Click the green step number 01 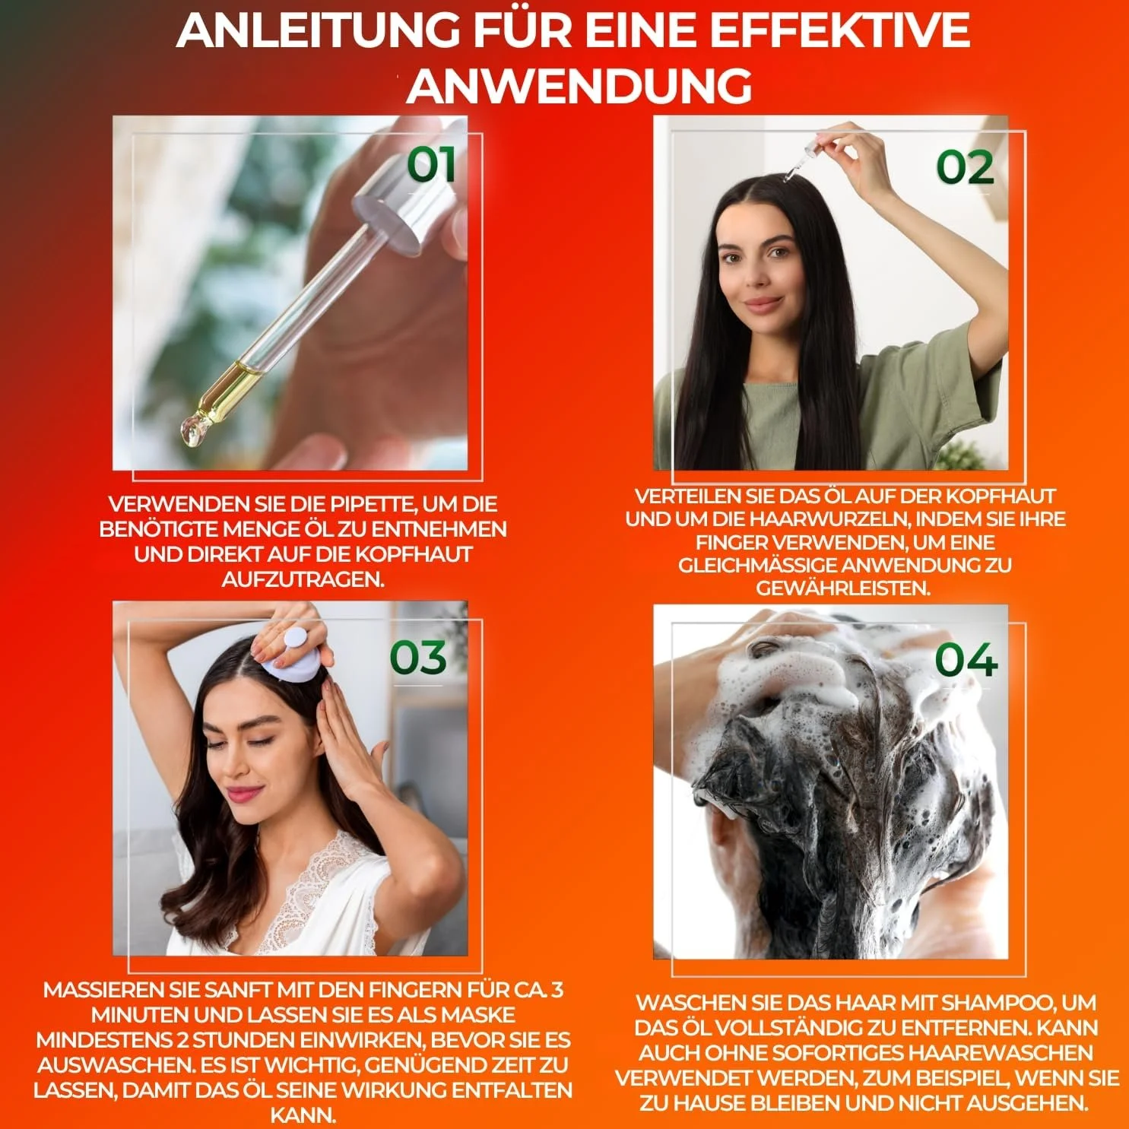432,165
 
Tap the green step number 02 965,167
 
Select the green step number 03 418,658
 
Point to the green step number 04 966,659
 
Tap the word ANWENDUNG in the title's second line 579,85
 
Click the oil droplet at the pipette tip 192,431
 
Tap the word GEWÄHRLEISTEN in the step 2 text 843,588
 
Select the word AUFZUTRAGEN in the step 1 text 303,579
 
